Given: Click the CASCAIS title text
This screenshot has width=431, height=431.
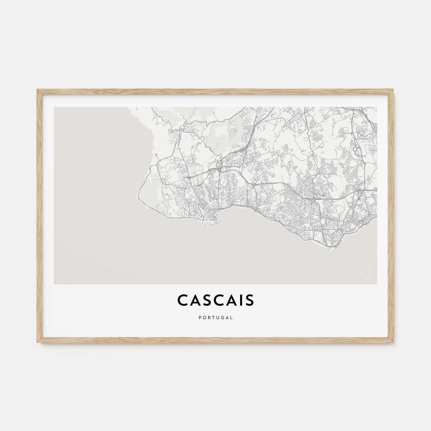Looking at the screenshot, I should [216, 301].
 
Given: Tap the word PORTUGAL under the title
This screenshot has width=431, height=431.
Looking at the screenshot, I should [216, 316].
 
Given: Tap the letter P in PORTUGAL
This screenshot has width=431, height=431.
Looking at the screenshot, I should [199, 316].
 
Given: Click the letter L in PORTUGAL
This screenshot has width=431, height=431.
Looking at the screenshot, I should [232, 316].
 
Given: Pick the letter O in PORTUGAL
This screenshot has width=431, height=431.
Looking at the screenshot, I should [204, 316].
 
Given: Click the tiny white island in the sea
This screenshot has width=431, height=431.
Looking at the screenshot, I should [361, 272].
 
